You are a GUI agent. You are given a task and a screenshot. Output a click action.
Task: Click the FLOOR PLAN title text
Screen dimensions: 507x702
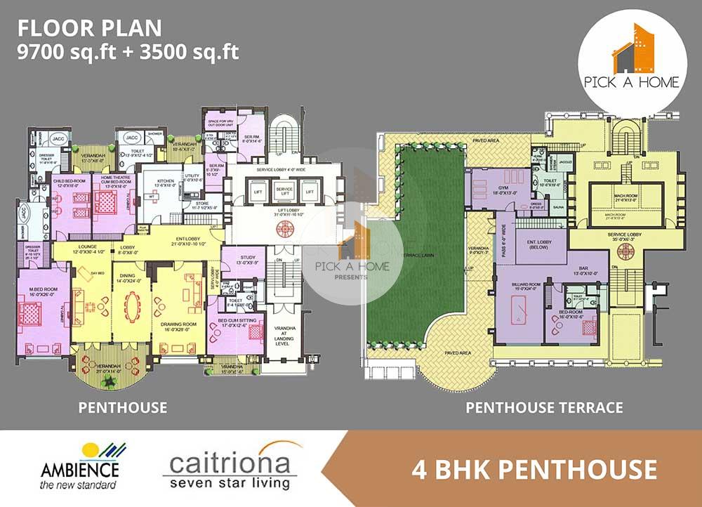(90, 28)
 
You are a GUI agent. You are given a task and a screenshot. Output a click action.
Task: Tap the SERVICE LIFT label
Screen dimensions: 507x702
(284, 190)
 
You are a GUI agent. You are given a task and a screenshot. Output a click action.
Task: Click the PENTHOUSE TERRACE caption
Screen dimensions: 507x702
(544, 407)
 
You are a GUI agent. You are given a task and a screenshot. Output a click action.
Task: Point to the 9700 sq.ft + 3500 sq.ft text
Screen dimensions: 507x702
(128, 52)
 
